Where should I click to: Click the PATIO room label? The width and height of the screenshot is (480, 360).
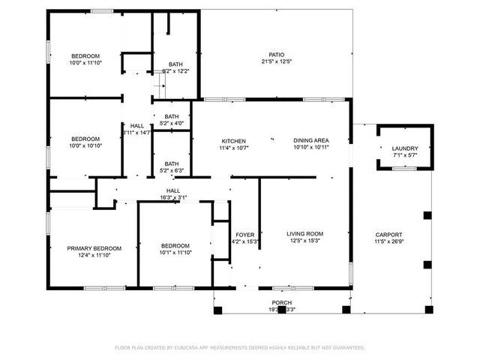[x=277, y=55]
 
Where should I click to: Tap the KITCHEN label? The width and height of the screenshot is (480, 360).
[x=233, y=141]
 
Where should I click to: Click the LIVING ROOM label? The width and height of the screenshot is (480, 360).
[x=304, y=234]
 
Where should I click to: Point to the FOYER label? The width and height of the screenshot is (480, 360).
[x=245, y=234]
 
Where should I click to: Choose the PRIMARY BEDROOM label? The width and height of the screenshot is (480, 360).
[x=94, y=248]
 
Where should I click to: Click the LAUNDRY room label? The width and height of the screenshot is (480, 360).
[x=405, y=148]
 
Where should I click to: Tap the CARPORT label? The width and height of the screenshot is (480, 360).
[x=388, y=234]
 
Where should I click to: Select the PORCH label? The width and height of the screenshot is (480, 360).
[x=282, y=303]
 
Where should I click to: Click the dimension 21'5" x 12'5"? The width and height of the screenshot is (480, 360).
[x=277, y=62]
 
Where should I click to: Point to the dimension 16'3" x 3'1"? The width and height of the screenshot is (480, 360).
[x=172, y=198]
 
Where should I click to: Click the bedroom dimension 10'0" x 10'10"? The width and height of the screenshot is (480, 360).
[x=85, y=145]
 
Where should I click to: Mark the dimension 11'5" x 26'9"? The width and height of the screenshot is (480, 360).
[x=388, y=241]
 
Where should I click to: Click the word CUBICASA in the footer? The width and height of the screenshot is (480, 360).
[x=197, y=348]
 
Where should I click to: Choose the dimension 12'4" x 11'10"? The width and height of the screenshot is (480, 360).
[x=94, y=256]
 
